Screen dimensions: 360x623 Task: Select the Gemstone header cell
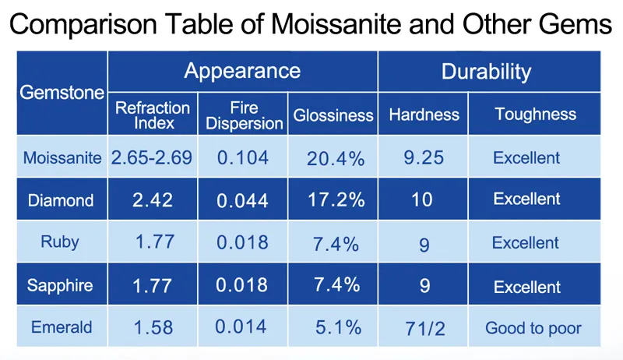tap(62, 93)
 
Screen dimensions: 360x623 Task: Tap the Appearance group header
tap(242, 72)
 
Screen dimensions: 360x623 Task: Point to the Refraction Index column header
tap(153, 114)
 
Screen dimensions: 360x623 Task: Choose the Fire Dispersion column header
tap(245, 115)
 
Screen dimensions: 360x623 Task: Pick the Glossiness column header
tap(333, 115)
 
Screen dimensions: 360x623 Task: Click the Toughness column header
tap(535, 115)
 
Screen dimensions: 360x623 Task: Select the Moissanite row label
tap(62, 158)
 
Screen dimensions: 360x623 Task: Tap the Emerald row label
tap(62, 327)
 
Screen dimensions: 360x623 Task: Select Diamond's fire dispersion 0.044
tap(243, 200)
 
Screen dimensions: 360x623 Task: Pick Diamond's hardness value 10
tap(422, 200)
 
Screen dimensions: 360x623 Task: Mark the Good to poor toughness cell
tap(533, 328)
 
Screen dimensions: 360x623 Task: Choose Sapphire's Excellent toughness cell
tap(526, 286)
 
